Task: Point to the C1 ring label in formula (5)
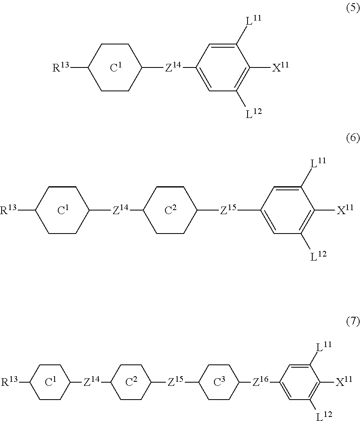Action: [116, 68]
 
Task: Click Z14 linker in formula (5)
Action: [173, 67]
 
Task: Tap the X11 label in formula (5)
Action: [280, 67]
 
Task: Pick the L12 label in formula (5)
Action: [254, 114]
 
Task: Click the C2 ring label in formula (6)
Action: [170, 210]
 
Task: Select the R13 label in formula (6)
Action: [8, 210]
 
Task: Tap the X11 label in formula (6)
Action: [345, 210]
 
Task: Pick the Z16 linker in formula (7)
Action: [261, 382]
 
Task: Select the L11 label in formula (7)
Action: [324, 347]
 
